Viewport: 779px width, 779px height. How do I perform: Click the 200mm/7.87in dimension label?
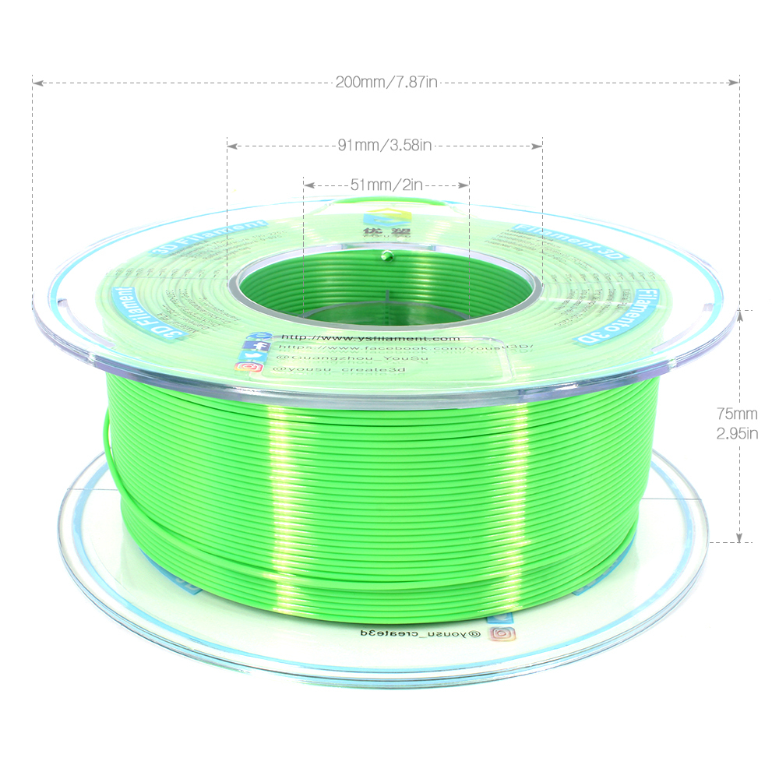(385, 82)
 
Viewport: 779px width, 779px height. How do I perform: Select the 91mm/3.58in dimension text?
(385, 145)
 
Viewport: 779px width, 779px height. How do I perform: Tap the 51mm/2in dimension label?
(386, 185)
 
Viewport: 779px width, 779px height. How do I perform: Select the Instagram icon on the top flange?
(250, 367)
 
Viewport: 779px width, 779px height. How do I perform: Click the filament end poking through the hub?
(385, 252)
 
